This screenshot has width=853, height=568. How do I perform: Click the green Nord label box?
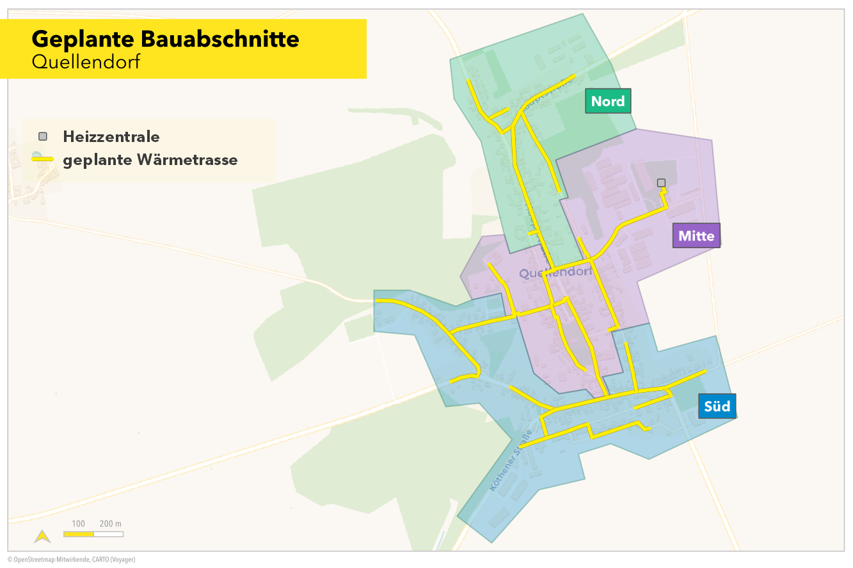click(608, 101)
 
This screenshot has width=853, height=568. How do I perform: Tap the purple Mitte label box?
click(696, 235)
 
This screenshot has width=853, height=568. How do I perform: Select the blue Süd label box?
click(717, 406)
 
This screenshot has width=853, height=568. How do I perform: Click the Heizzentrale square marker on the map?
click(661, 183)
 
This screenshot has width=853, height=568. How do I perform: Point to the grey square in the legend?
click(43, 136)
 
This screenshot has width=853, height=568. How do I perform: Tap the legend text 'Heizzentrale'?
click(111, 136)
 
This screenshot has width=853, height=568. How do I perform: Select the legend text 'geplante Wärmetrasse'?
click(150, 160)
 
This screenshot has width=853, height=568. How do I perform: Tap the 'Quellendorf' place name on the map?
click(555, 273)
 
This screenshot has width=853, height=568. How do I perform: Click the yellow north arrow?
click(42, 536)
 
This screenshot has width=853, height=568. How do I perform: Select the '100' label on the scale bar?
click(78, 524)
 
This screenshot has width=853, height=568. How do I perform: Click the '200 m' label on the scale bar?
click(111, 524)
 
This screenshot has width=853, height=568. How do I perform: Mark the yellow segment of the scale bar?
click(79, 533)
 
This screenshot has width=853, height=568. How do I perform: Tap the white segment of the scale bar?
click(108, 533)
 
